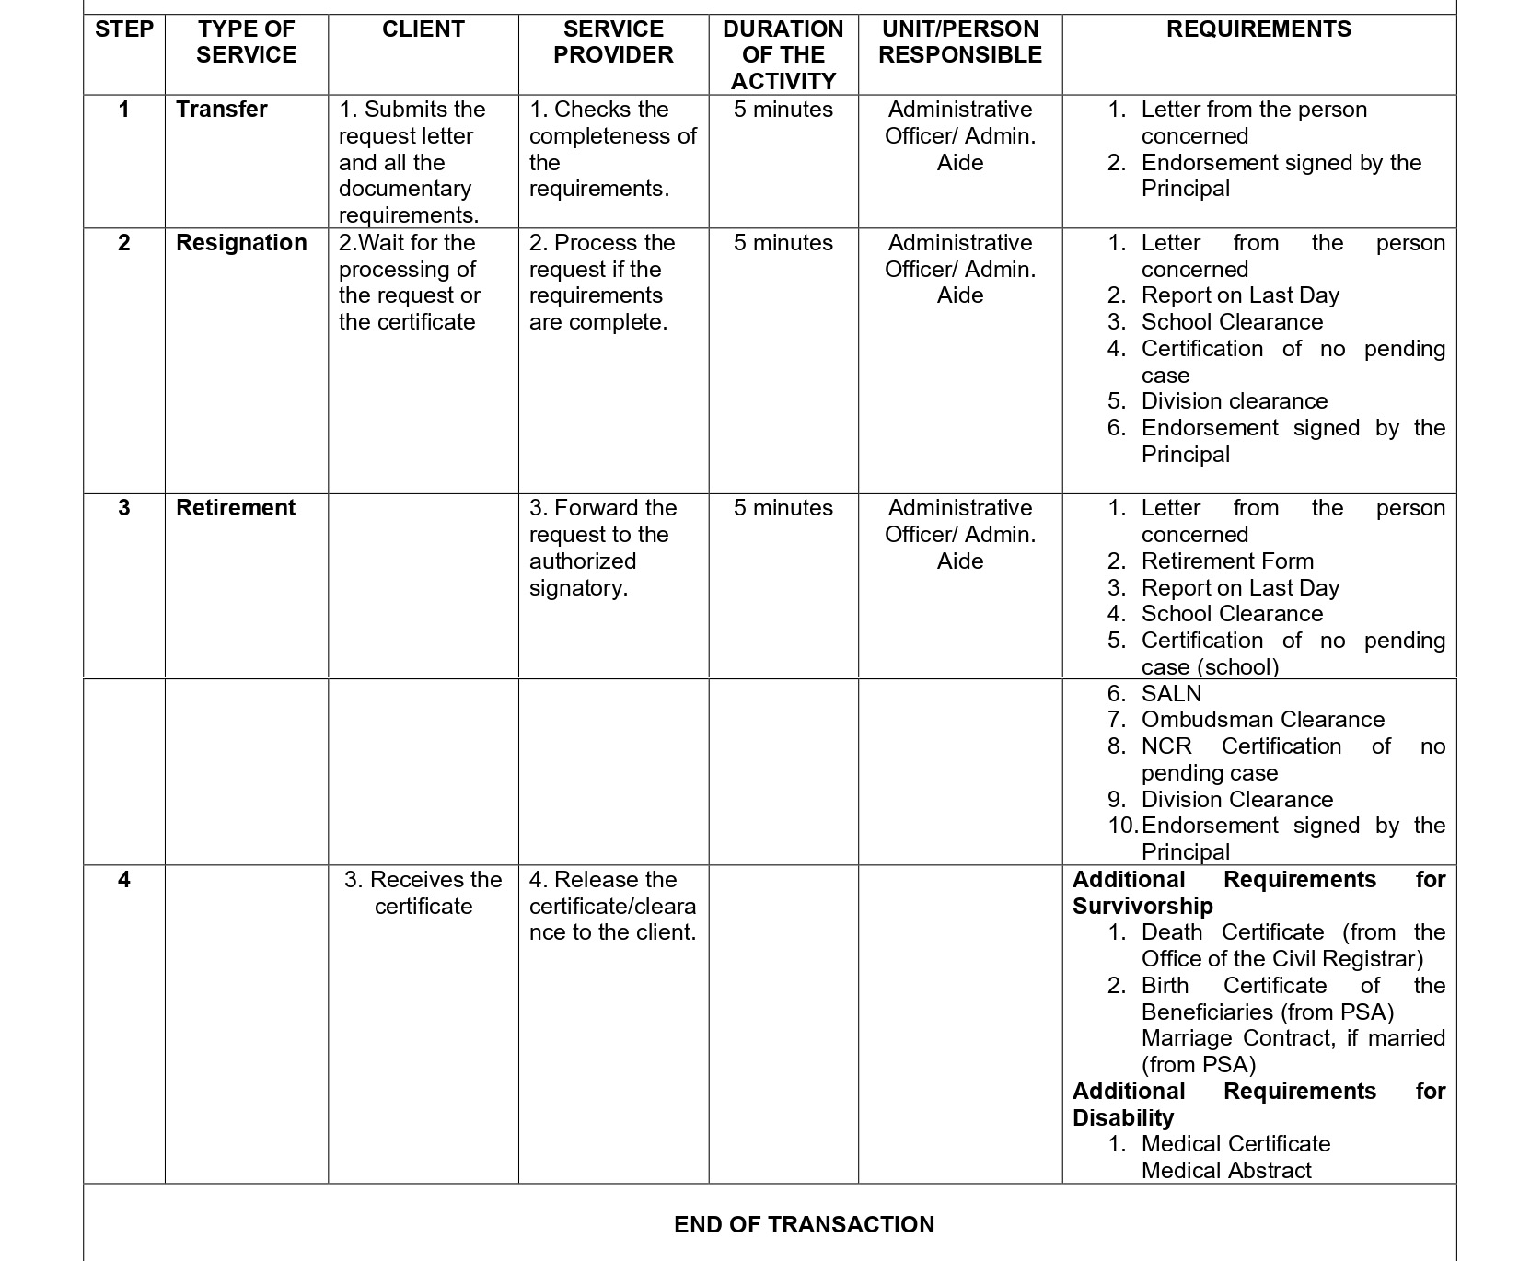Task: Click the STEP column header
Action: point(124,29)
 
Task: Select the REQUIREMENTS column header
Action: point(1258,29)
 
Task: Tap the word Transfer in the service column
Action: point(222,110)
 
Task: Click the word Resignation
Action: point(241,243)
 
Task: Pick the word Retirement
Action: point(236,508)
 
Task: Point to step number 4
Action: point(124,880)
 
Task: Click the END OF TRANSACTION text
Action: point(804,1224)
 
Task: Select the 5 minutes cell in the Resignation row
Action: point(783,243)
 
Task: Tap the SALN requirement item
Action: point(1171,694)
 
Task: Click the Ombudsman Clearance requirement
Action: point(1262,720)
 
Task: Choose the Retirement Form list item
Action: point(1227,561)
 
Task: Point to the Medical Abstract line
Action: point(1226,1171)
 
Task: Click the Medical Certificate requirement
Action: point(1235,1144)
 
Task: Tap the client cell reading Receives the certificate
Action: point(423,893)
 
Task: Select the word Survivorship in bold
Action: point(1142,907)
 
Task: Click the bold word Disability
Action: point(1123,1118)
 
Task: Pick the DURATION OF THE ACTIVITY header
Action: point(783,55)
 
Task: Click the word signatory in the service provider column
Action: point(578,588)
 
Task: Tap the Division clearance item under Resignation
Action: point(1234,401)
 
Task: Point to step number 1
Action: point(124,110)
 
